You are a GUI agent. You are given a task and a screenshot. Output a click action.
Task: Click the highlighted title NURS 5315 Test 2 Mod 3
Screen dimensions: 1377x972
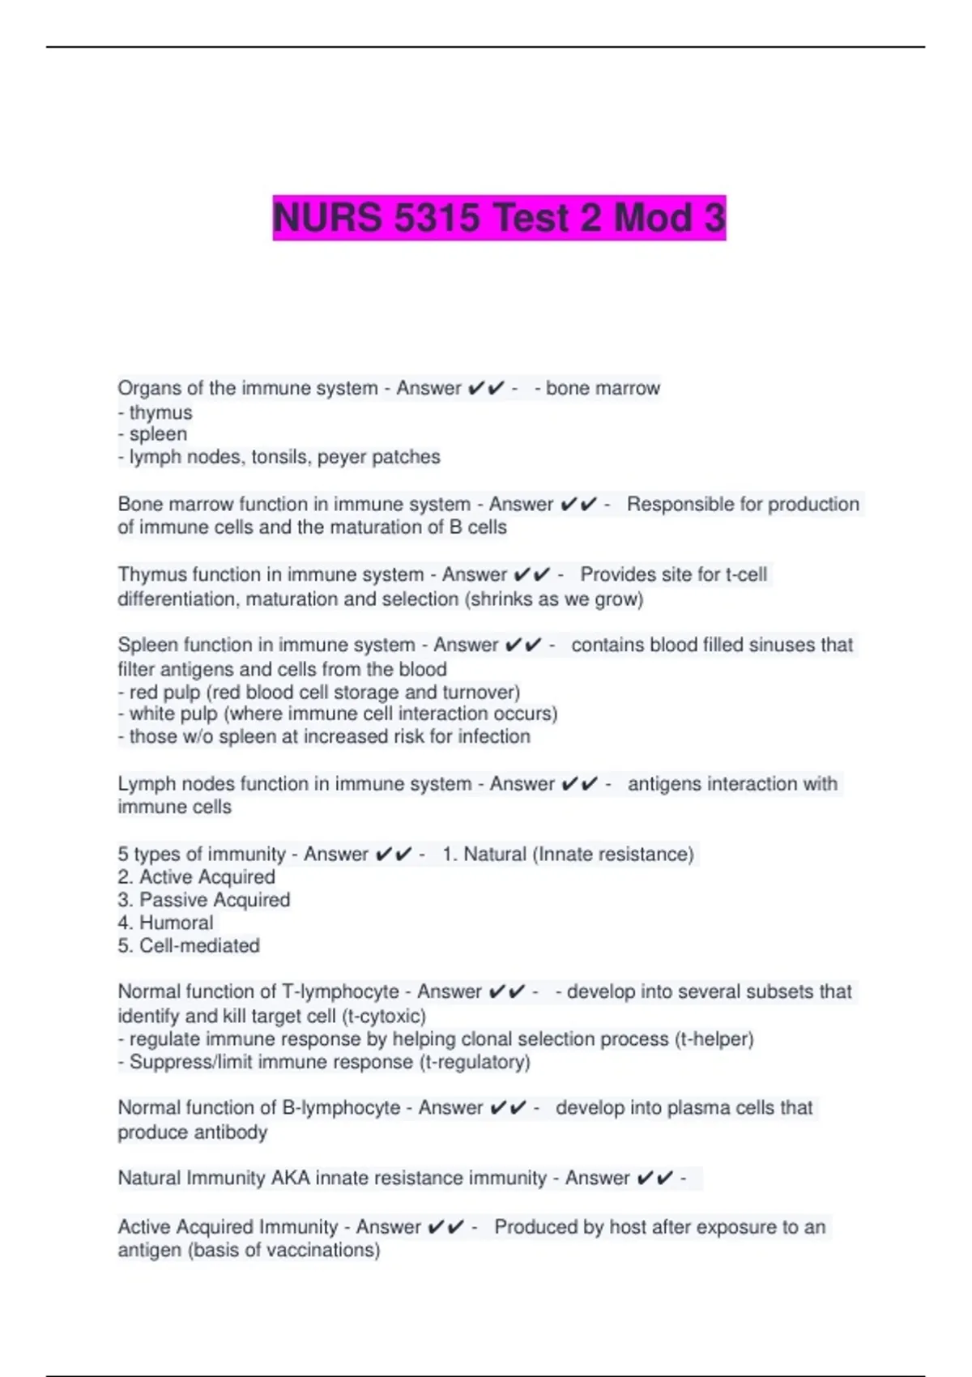tap(499, 218)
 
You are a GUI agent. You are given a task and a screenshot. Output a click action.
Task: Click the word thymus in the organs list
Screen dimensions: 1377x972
tap(160, 412)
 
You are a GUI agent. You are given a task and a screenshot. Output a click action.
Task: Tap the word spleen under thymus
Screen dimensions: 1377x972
tap(158, 434)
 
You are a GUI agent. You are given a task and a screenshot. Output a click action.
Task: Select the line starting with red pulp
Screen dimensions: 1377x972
tap(319, 693)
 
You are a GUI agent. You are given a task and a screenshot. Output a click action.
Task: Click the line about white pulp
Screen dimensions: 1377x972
tap(338, 714)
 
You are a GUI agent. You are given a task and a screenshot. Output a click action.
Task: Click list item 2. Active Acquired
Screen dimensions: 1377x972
tap(196, 877)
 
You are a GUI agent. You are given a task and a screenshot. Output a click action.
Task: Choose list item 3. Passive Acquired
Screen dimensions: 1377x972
tap(203, 900)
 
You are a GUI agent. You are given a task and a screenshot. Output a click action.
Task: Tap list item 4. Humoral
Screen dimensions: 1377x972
tap(165, 923)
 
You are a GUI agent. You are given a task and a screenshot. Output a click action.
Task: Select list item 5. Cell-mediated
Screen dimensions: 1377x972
tap(189, 945)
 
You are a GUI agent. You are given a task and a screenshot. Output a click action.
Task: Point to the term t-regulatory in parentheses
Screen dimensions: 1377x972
tap(475, 1062)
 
